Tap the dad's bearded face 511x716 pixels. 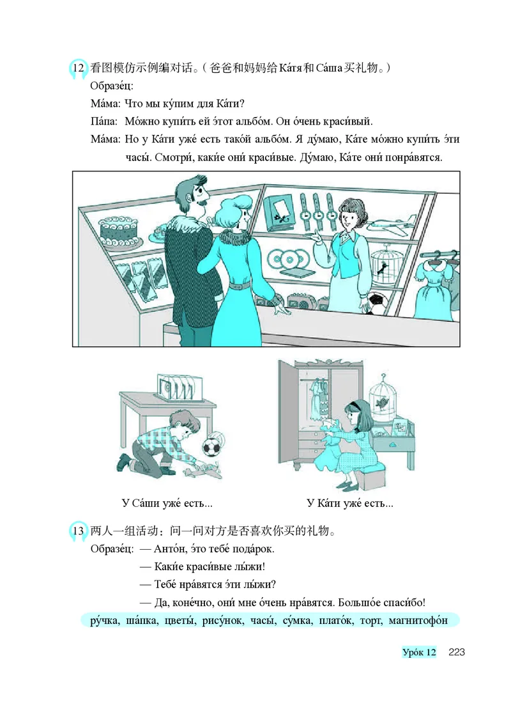coord(195,195)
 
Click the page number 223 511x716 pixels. coord(456,652)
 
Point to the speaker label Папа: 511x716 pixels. coord(105,121)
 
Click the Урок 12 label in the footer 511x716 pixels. coord(419,652)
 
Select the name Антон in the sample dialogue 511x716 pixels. coord(174,549)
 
